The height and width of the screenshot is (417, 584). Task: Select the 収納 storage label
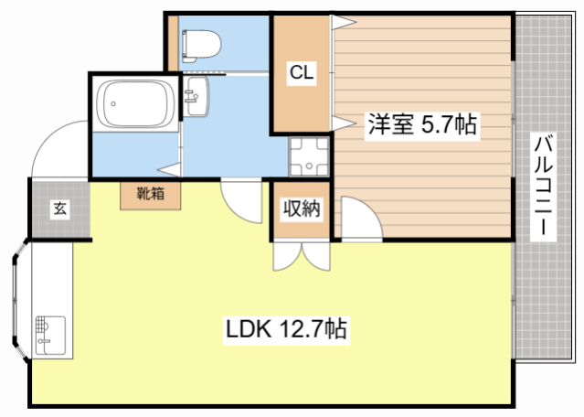click(300, 208)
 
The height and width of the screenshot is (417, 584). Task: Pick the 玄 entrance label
click(58, 209)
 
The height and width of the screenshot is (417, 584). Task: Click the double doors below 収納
click(299, 255)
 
